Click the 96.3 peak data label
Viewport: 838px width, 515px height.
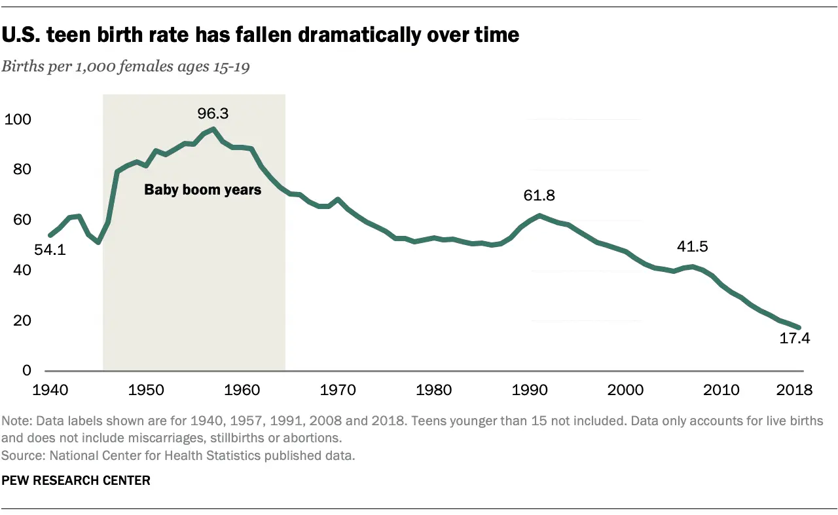(213, 114)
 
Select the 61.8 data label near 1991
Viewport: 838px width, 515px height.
(539, 195)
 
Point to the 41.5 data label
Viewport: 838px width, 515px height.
(693, 247)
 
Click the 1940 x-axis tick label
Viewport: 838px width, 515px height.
(50, 390)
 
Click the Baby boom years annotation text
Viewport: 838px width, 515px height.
(202, 191)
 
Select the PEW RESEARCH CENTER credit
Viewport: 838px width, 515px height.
(76, 480)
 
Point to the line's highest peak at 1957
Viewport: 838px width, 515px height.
(213, 129)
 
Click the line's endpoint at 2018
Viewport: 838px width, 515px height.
(799, 328)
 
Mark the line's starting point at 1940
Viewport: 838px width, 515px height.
(50, 235)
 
